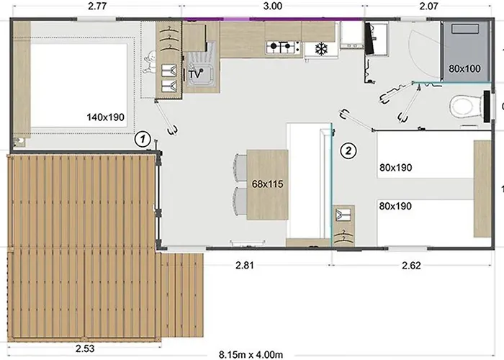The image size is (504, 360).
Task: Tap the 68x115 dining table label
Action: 267,184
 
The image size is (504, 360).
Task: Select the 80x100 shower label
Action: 464,69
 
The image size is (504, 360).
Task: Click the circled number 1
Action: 143,137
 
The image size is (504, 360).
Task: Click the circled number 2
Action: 348,150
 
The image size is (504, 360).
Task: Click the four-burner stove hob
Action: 283,48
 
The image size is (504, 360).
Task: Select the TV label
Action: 196,73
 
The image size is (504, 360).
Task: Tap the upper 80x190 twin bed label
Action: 395,168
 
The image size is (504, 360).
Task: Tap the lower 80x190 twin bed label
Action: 395,206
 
